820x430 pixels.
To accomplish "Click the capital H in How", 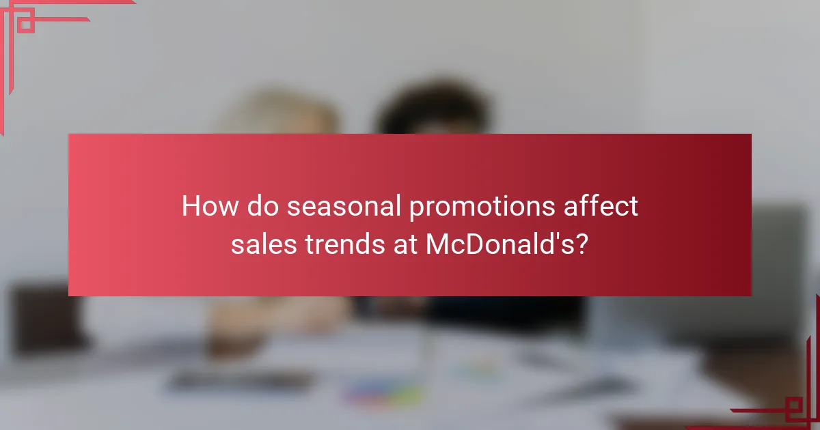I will pos(190,206).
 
